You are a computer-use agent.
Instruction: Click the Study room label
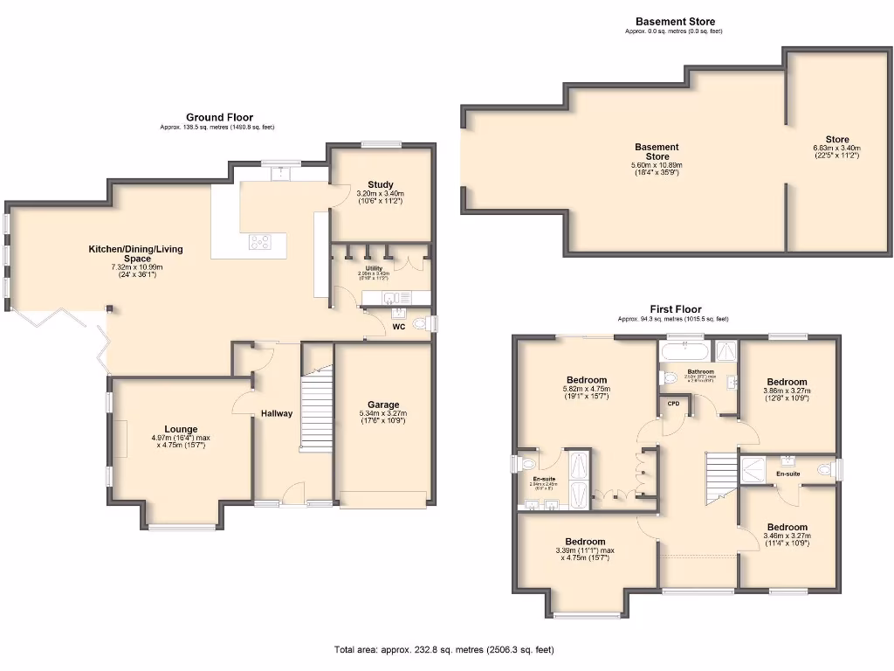point(380,184)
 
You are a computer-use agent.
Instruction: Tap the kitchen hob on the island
point(260,242)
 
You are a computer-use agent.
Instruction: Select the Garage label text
point(382,405)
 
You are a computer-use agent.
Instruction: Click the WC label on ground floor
point(398,328)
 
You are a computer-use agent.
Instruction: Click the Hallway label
point(276,413)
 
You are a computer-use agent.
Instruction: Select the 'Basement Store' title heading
point(669,22)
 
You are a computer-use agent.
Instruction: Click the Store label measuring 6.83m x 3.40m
point(836,140)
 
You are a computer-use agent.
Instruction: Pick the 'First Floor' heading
point(676,309)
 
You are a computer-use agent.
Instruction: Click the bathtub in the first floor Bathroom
point(684,351)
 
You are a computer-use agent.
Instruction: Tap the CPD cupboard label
point(674,404)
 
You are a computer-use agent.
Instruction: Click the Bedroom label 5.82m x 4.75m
point(586,380)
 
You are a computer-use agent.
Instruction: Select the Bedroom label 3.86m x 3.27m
point(787,382)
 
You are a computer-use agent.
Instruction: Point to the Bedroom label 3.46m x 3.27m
point(786,527)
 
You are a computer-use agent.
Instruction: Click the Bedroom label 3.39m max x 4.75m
point(585,541)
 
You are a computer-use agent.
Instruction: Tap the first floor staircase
point(720,479)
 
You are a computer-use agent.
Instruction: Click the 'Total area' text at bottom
point(444,649)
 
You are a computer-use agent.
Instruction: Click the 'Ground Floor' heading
point(219,117)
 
